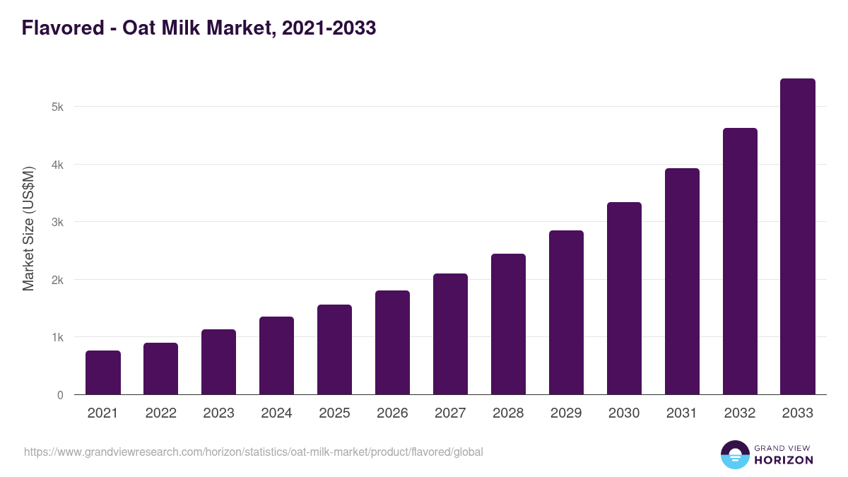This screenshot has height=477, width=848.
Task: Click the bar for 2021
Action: (103, 372)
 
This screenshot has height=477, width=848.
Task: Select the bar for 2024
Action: (276, 355)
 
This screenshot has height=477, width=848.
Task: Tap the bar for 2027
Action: (450, 334)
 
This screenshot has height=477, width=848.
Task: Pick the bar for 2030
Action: (624, 298)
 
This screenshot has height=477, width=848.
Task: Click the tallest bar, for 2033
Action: (798, 237)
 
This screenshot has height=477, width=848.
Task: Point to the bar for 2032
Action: (740, 261)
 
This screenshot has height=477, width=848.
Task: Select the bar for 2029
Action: (566, 312)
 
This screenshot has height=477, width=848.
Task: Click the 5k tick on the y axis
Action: (57, 107)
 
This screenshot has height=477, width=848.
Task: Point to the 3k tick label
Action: (57, 223)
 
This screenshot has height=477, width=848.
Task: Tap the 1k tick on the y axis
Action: (57, 338)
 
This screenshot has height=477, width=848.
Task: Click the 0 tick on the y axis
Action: (60, 395)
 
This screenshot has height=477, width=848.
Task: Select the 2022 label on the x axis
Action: (160, 413)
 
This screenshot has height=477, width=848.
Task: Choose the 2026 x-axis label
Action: (392, 413)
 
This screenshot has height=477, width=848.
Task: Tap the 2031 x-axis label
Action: (682, 413)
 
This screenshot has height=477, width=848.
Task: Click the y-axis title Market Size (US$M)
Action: (28, 228)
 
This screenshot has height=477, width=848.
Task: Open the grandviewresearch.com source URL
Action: (253, 452)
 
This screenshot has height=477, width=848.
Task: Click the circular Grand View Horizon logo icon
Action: (734, 454)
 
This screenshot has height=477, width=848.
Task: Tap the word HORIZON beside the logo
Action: (784, 460)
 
